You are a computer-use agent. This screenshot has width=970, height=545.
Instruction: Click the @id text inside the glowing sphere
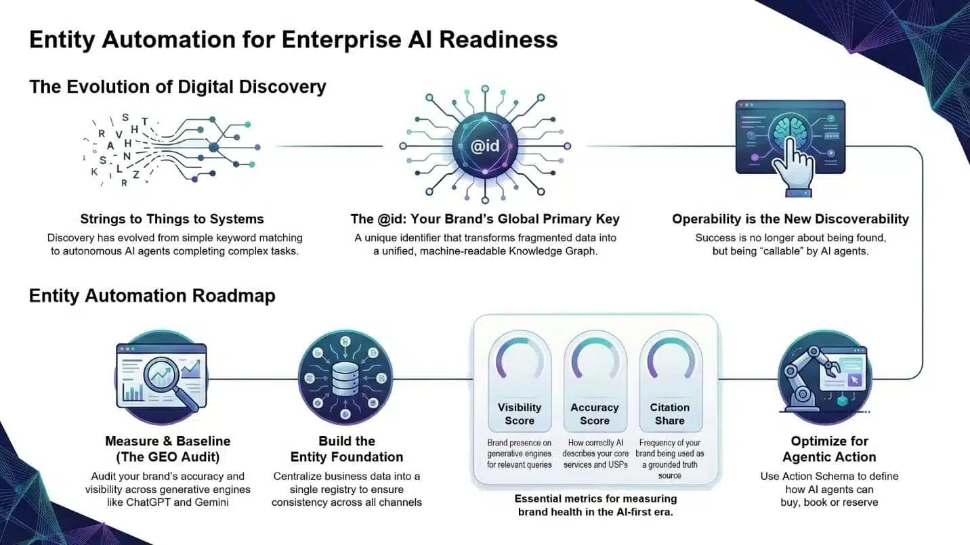click(484, 146)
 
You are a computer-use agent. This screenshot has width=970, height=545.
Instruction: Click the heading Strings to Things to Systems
click(171, 219)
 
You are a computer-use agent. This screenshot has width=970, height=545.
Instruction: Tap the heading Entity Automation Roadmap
click(152, 296)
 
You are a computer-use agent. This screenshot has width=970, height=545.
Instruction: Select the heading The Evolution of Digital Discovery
click(177, 87)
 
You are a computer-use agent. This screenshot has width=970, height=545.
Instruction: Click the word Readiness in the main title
click(498, 39)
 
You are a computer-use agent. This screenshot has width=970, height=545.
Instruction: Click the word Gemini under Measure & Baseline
click(211, 502)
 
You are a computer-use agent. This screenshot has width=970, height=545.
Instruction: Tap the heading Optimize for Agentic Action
click(828, 449)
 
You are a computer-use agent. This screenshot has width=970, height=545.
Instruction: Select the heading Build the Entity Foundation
click(346, 449)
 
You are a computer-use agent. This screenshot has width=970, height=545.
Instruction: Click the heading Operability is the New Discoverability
click(790, 219)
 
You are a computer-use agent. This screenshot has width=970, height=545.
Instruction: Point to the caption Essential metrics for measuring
click(595, 499)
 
